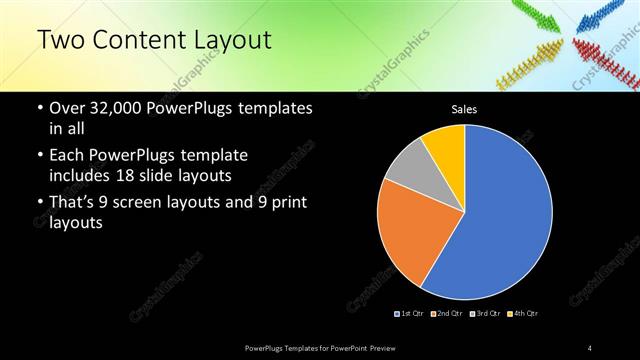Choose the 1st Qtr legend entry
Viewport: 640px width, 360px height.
click(x=409, y=314)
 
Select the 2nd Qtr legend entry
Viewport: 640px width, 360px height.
click(x=446, y=314)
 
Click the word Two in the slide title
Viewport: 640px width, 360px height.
click(x=59, y=40)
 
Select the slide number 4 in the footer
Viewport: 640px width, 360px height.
click(x=590, y=347)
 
